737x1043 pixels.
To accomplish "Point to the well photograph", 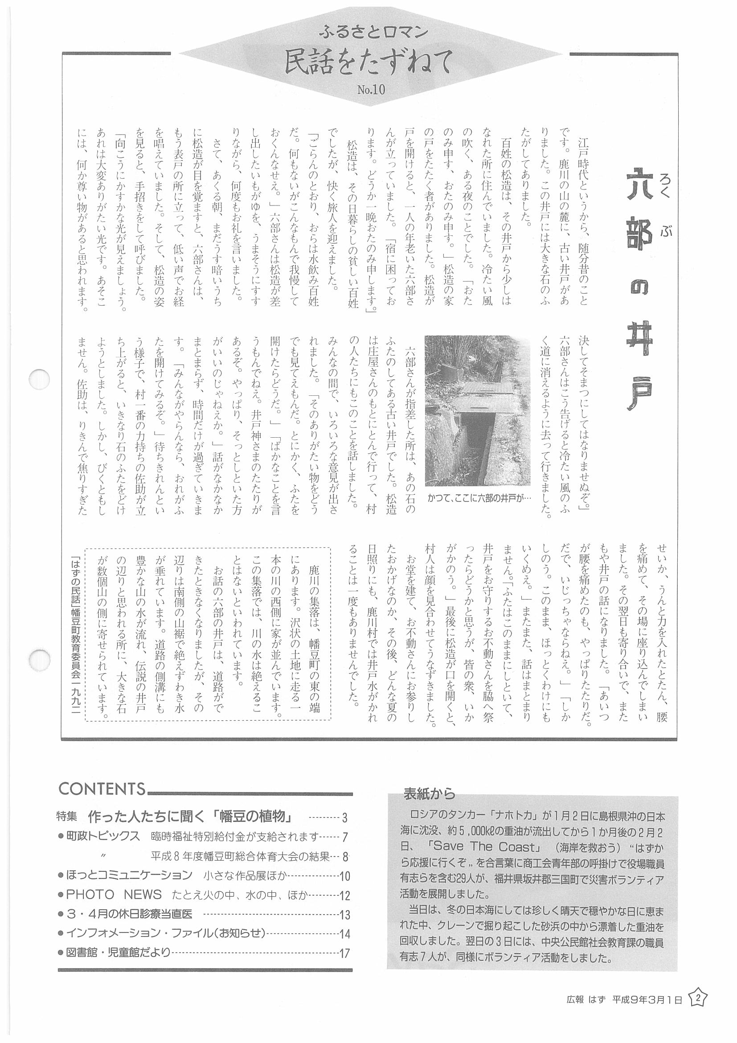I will pos(477,411).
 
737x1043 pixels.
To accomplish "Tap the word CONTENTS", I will pos(102,789).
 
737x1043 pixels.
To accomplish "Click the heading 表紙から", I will pos(429,793).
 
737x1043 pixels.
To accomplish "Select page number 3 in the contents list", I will pos(344,819).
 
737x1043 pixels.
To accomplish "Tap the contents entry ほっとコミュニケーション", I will pos(129,875).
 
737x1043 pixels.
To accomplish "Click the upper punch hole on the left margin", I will pos(38,379).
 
